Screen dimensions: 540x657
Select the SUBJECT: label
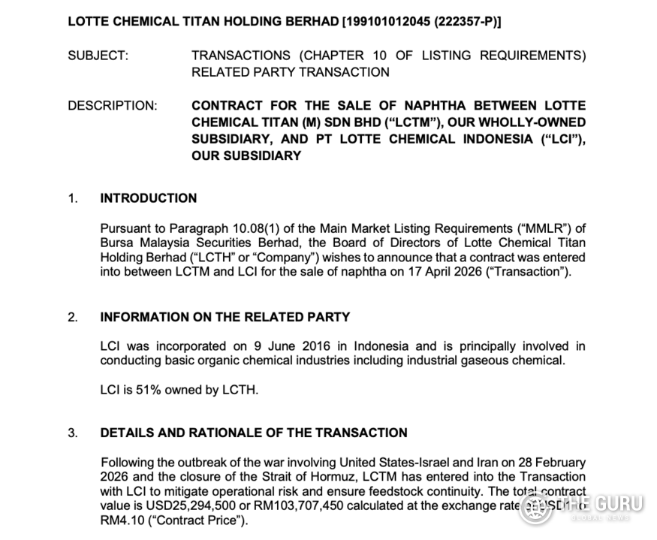click(x=98, y=56)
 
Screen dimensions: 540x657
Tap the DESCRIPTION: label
click(x=113, y=106)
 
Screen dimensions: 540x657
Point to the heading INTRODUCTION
click(x=149, y=198)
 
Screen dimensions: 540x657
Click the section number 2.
click(x=73, y=317)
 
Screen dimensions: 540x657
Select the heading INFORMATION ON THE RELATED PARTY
click(x=225, y=317)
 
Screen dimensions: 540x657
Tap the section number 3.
click(x=73, y=433)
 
